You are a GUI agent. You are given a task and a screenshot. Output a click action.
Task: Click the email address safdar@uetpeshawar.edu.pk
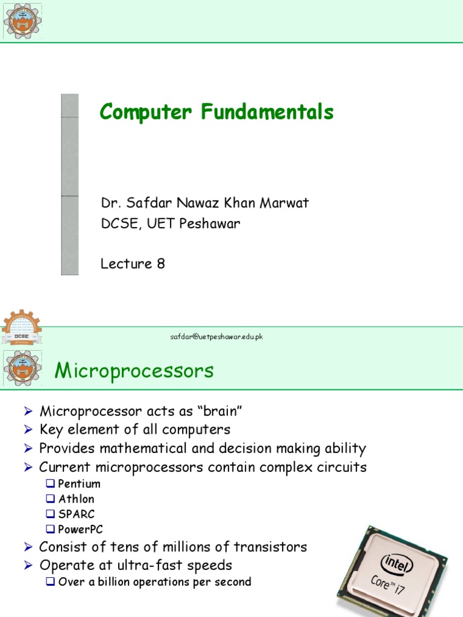[216, 336]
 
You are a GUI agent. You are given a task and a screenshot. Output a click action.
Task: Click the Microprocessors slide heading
[134, 371]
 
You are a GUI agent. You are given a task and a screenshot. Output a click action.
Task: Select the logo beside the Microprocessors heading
[22, 368]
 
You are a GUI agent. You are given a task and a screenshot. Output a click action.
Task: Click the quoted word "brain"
[221, 412]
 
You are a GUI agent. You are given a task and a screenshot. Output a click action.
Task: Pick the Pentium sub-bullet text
[79, 484]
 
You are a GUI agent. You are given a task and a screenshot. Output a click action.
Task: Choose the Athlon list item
[76, 499]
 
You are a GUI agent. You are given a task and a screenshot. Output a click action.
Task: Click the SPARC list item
[77, 514]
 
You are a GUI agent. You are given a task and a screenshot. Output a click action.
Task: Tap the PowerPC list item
[80, 530]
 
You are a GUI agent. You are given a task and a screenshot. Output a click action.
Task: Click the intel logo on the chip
[397, 564]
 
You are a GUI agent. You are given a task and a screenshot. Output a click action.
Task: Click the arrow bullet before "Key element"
[28, 430]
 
